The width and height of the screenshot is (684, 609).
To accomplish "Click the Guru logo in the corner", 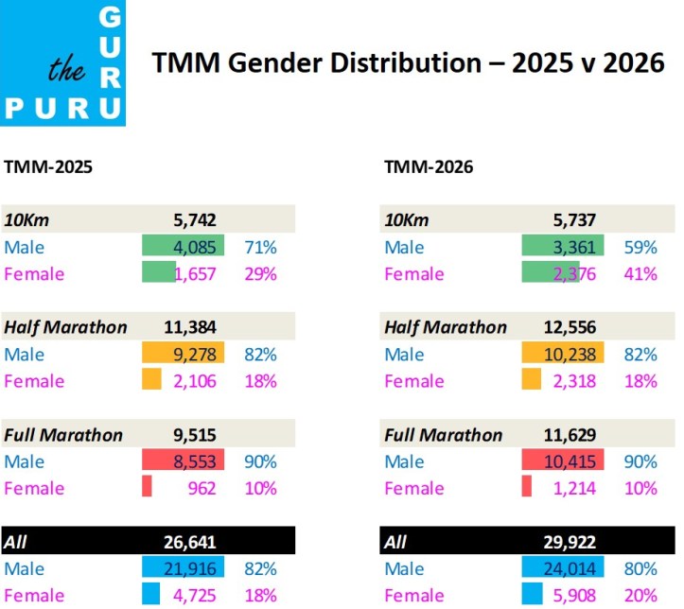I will (x=62, y=62).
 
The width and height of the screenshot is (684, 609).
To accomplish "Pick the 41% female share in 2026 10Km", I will (x=640, y=274).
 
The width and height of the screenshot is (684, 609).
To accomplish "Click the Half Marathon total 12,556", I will (x=568, y=327).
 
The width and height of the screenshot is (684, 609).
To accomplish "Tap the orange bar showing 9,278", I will (x=183, y=355).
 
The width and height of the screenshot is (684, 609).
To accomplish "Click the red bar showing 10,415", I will (x=562, y=461).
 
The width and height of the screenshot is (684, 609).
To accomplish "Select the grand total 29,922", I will (x=568, y=542).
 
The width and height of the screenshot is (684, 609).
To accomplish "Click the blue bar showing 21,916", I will (x=183, y=568).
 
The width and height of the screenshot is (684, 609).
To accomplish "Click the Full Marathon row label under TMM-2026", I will (x=443, y=435).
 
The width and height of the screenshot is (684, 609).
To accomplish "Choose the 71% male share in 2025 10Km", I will (x=260, y=248).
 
